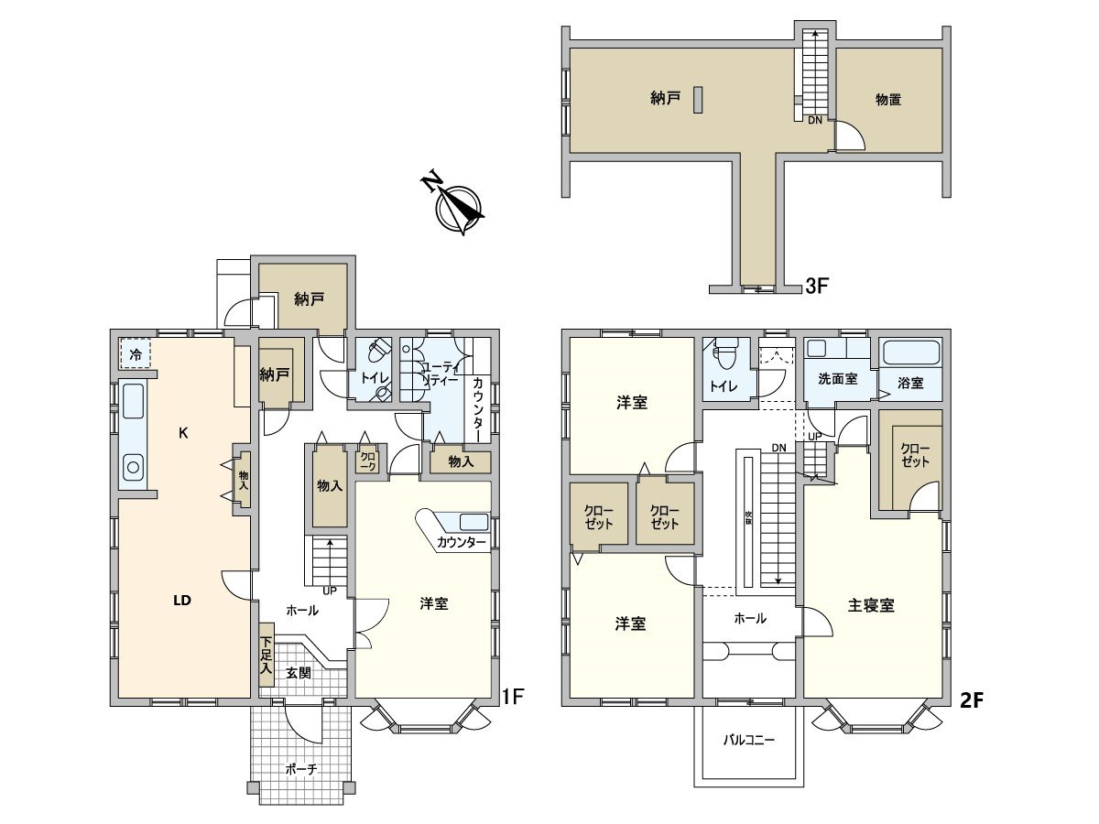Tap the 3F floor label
click(816, 287)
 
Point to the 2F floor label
click(970, 700)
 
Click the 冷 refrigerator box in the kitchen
click(136, 354)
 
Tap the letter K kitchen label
click(183, 434)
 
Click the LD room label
click(182, 600)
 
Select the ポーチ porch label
click(300, 770)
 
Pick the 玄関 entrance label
click(299, 673)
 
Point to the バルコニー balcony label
click(749, 739)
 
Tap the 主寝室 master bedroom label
click(871, 605)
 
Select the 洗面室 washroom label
click(838, 379)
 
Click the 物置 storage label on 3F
click(888, 100)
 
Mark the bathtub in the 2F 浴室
click(909, 353)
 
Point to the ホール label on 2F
click(749, 619)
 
